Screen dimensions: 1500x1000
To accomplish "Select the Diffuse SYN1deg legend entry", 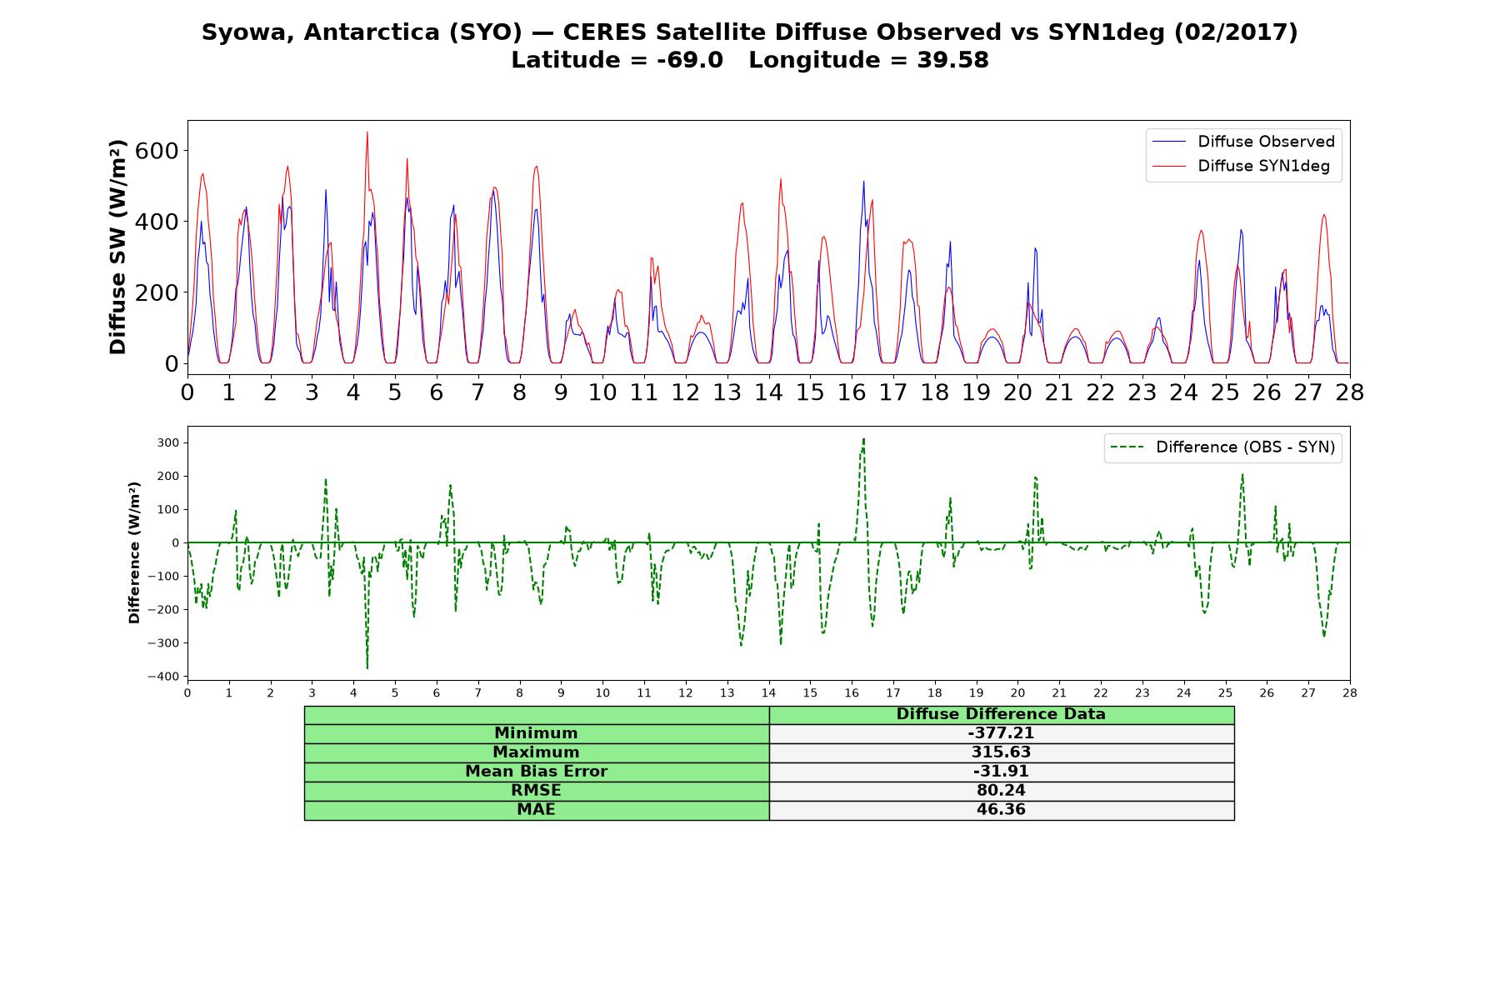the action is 1241,166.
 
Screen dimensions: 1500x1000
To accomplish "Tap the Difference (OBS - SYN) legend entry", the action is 1223,447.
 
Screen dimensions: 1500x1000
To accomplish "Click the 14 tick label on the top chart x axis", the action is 768,392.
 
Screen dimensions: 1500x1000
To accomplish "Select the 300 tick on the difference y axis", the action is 169,443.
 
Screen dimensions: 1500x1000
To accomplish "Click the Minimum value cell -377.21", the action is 1001,733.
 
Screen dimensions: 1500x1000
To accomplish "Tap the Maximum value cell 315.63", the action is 1001,752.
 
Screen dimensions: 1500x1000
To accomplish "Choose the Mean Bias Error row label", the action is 536,772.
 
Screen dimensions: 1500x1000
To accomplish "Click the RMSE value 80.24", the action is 1001,791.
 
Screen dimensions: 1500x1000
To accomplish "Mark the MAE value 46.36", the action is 1001,810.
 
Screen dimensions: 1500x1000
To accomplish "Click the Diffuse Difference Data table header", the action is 1001,714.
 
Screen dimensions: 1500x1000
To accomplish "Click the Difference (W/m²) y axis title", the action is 134,552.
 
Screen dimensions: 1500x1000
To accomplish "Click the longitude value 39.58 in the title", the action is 953,60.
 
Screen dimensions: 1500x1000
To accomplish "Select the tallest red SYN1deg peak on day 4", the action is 367,132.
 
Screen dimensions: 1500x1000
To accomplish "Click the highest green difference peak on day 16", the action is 864,438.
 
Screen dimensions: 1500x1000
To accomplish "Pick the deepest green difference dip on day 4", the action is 367,668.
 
